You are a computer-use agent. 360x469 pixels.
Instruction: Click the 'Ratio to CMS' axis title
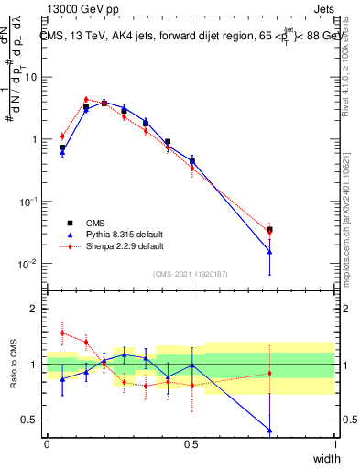[11, 364]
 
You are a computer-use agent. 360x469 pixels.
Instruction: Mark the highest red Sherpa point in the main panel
[86, 99]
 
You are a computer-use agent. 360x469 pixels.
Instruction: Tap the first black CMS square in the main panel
[62, 147]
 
